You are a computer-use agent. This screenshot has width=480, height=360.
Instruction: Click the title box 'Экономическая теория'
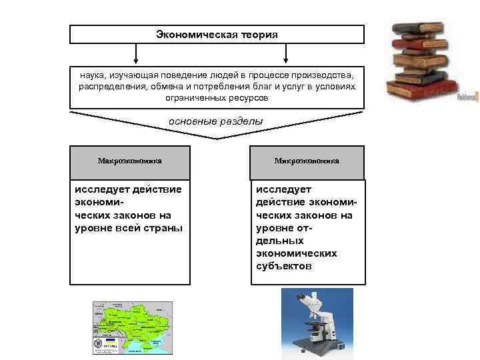point(217,34)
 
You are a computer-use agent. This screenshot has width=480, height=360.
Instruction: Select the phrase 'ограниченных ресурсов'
point(217,98)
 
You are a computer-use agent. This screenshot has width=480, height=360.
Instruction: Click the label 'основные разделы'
point(216,121)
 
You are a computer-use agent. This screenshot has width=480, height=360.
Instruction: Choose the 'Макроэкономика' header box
point(130,161)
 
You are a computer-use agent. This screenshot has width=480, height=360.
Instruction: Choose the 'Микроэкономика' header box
point(307,161)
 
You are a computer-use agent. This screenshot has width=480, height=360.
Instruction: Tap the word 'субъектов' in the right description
point(284,266)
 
